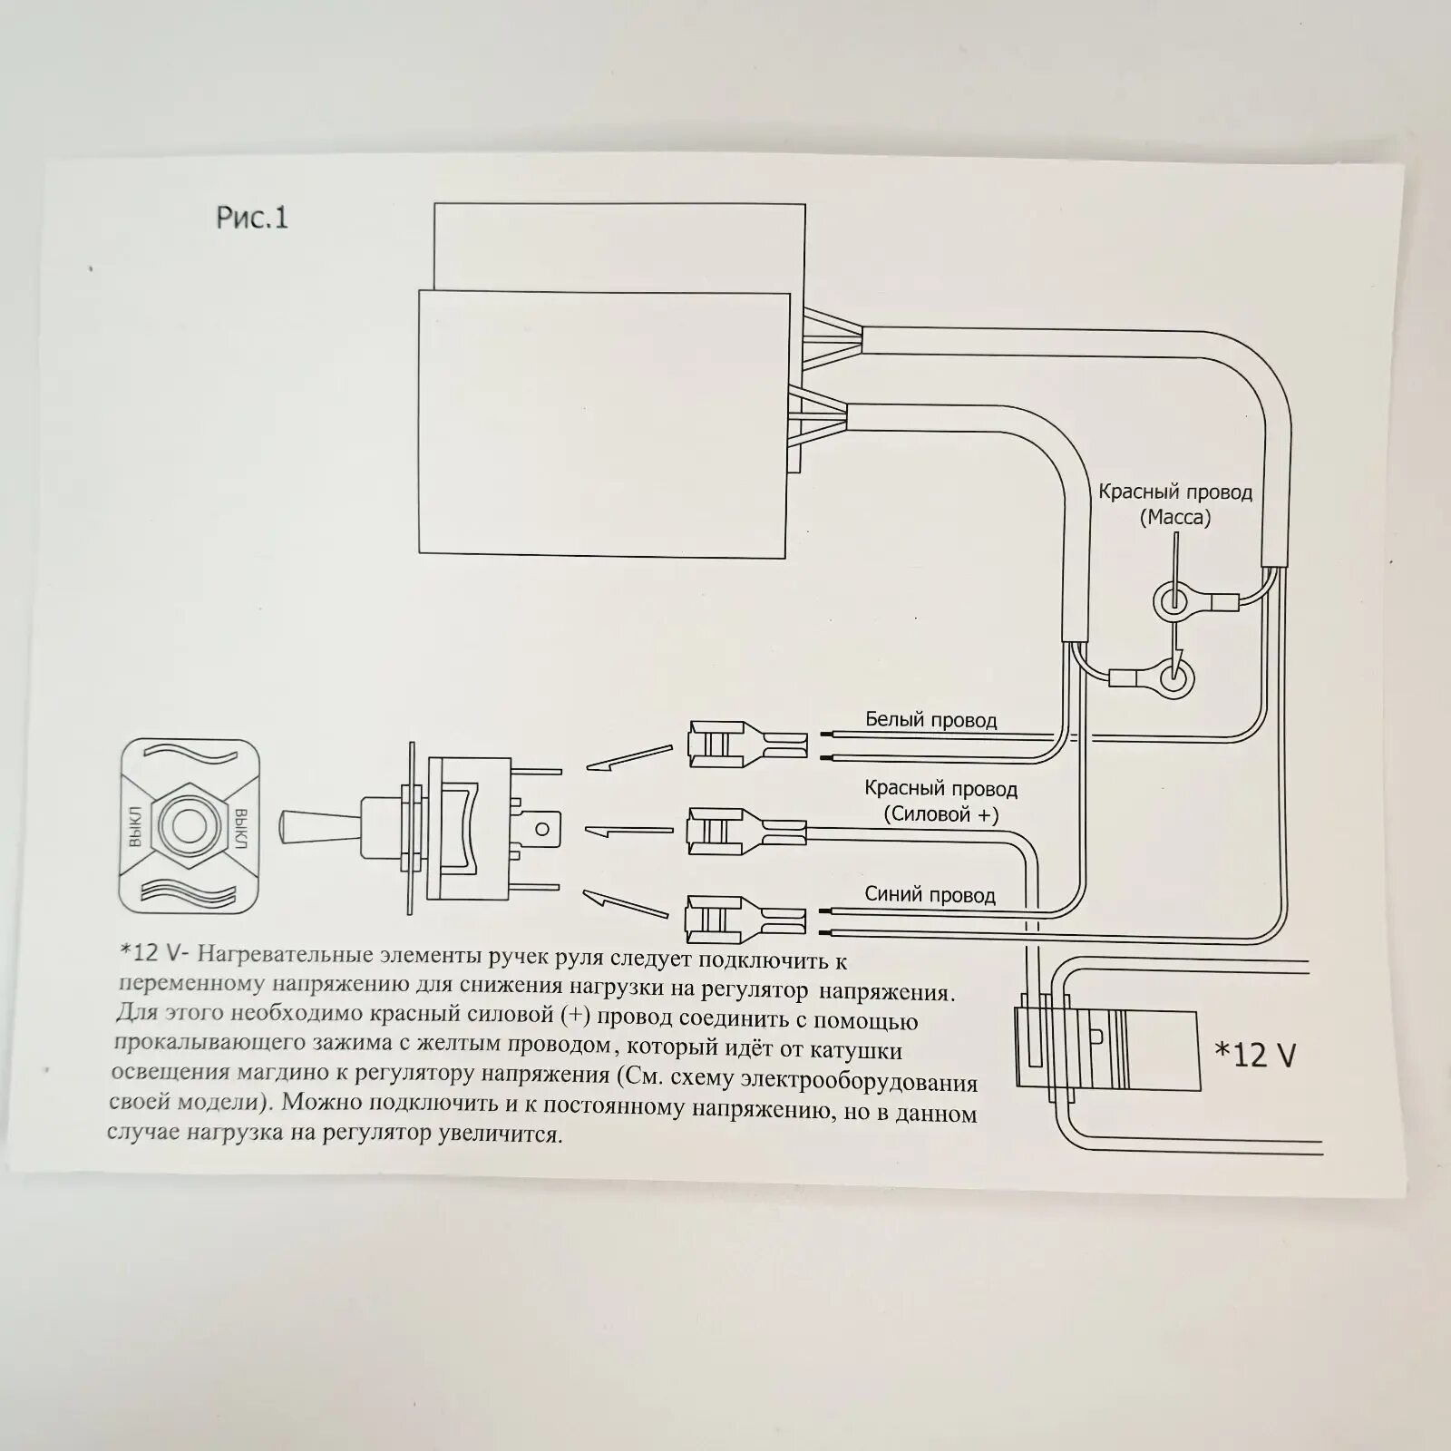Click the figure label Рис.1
(252, 218)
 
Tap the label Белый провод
(930, 720)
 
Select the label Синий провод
(930, 895)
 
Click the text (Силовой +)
(941, 814)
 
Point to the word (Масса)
(1175, 518)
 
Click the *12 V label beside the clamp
(1255, 1054)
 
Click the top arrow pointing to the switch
(629, 758)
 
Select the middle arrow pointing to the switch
(629, 829)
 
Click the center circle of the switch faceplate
(190, 825)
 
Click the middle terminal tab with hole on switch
(542, 828)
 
